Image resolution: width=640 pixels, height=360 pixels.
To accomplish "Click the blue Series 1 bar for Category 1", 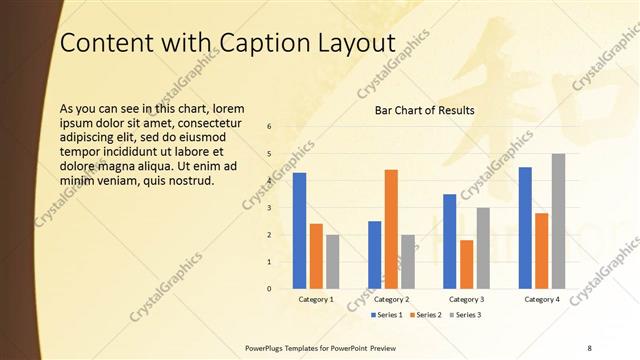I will [299, 230].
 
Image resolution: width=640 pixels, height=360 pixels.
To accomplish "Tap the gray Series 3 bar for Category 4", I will [558, 221].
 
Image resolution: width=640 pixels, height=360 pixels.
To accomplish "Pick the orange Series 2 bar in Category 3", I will [466, 264].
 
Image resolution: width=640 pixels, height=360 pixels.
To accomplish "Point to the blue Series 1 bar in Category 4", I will [525, 227].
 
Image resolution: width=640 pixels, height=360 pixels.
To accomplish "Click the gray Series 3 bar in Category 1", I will [332, 261].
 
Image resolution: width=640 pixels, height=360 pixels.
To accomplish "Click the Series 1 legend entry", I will [387, 315].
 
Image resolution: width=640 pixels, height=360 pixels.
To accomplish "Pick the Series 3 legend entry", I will [467, 315].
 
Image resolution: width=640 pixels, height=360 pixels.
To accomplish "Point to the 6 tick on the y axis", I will [269, 126].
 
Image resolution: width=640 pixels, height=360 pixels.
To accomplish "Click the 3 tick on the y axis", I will [269, 207].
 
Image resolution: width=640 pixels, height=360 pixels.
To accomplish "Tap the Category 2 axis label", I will [391, 299].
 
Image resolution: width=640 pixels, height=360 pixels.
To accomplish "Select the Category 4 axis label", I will [541, 299].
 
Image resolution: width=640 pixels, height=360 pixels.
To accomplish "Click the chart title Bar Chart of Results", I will [424, 110].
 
